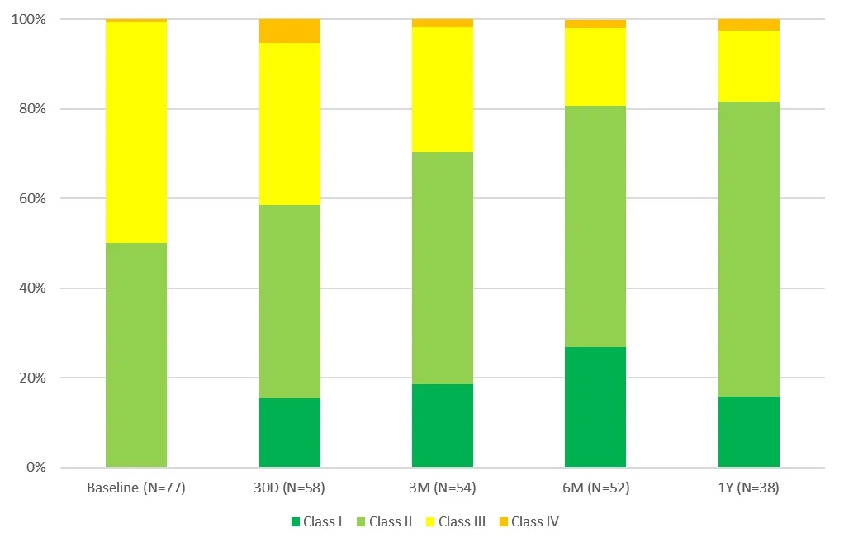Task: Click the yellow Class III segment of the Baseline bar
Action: (x=136, y=132)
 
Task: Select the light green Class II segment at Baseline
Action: (x=136, y=354)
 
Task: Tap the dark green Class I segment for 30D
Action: (x=290, y=432)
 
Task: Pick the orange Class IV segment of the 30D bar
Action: (x=290, y=31)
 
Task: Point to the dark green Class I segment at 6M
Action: (x=595, y=407)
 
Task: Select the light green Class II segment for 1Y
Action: (x=749, y=249)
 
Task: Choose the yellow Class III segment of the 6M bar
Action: (x=595, y=67)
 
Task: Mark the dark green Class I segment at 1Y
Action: (x=749, y=431)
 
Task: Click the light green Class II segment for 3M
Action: (x=443, y=268)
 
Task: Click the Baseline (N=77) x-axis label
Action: (x=136, y=488)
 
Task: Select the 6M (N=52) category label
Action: (x=595, y=488)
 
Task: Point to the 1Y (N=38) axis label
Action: (x=749, y=488)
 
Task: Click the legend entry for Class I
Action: (x=316, y=521)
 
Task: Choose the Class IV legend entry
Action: (x=529, y=521)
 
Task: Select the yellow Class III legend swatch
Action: (x=431, y=521)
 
